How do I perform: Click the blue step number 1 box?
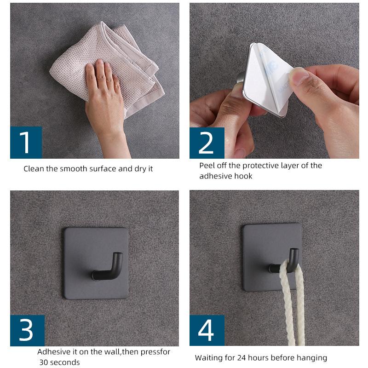pos(26,143)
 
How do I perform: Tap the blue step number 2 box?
pos(207,143)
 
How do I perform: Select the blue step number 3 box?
pos(27,330)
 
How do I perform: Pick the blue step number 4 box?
pos(207,330)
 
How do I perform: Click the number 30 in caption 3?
pos(44,362)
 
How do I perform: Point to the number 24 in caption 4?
pos(241,358)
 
